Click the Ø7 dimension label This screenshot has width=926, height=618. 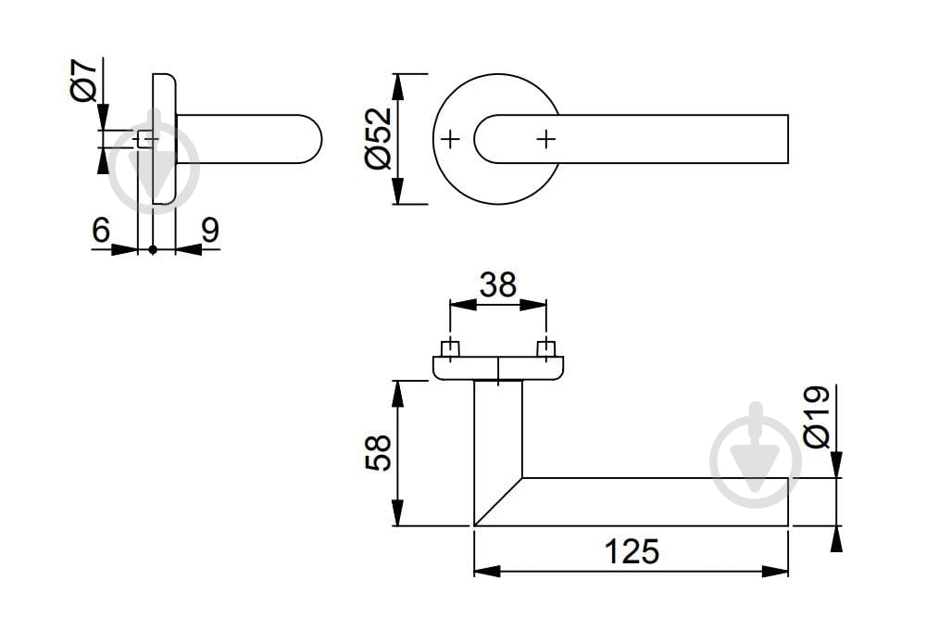tap(84, 81)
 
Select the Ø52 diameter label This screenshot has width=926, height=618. tap(379, 139)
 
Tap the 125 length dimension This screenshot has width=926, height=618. tap(632, 552)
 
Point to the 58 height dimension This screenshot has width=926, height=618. tap(379, 452)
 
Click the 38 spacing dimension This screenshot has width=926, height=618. tap(498, 284)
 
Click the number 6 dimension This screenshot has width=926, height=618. tap(101, 230)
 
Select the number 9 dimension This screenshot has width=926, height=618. tap(210, 230)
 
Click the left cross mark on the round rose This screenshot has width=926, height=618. tap(451, 139)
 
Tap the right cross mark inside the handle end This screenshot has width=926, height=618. tap(546, 139)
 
